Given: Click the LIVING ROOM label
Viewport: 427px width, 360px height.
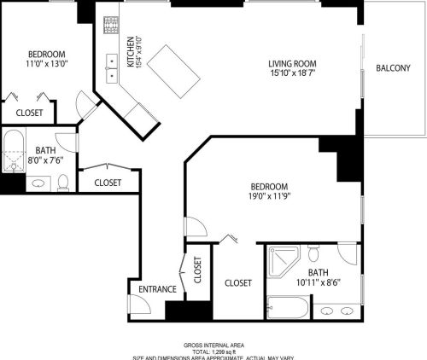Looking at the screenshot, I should pos(292,63).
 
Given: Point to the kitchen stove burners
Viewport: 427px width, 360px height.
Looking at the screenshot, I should pos(109,26).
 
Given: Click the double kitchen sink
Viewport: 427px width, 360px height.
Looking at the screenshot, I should pos(112,62).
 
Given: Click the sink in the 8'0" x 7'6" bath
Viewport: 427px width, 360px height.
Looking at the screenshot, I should pos(38,183).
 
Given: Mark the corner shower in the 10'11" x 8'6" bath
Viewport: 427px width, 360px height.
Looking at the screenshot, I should pos(283,261).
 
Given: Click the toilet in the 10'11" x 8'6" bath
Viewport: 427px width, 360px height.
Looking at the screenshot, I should pos(313,254).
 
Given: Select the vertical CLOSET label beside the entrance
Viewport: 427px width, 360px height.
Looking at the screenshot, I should pos(197,270).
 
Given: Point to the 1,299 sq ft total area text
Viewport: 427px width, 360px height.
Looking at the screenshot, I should pos(214,351).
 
